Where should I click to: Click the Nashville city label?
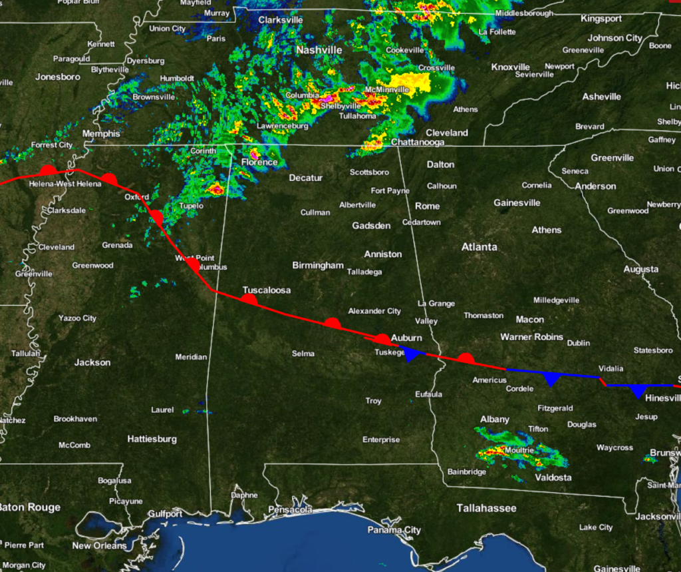coord(319,50)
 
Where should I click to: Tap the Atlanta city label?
coord(479,247)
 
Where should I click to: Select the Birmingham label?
coord(318,266)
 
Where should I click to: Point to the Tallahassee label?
coord(486,508)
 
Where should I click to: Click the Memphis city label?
coord(100,134)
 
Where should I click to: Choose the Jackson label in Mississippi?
coord(92,363)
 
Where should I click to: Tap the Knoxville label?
coord(511,67)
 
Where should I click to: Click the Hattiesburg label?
coord(152,439)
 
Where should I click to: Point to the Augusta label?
coord(641,270)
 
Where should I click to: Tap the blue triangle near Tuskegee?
coord(413,355)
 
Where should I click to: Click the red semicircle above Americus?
coord(466,358)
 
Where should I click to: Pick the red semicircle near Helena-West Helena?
coord(47,170)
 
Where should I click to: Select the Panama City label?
coord(394,530)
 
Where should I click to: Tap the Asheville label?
coord(601,97)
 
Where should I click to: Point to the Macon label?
coord(529,320)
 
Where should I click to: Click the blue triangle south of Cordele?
coord(551,379)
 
